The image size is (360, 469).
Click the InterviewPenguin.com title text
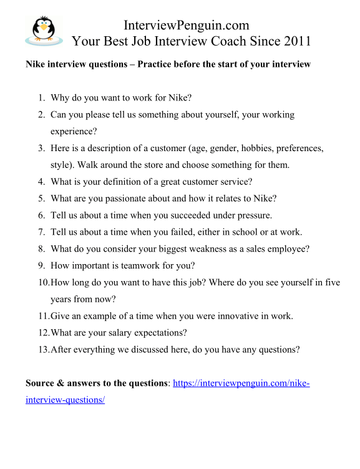pos(187,26)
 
